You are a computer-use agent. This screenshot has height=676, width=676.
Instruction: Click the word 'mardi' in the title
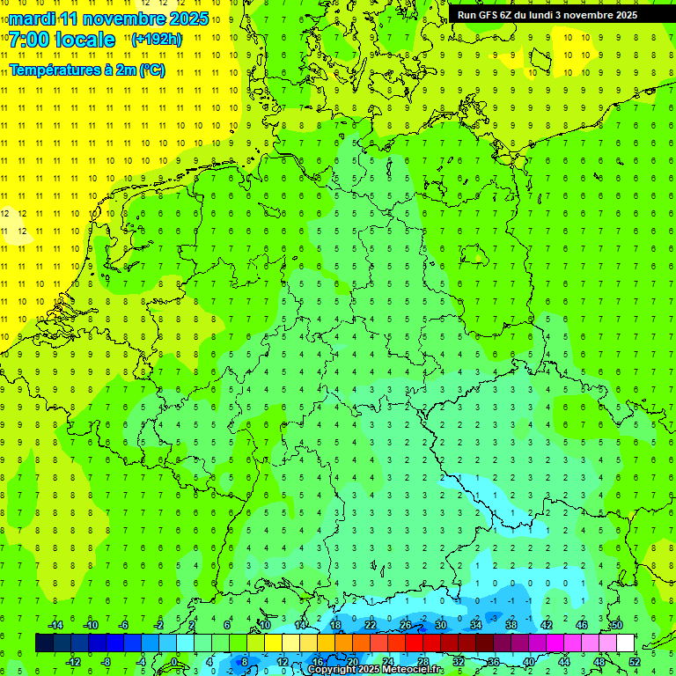pos(33,18)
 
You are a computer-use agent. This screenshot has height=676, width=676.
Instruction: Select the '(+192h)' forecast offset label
pos(157,39)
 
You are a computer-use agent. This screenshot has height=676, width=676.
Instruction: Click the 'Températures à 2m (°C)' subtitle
pos(86,70)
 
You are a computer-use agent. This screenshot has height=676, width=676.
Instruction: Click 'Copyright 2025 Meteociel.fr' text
pos(376,669)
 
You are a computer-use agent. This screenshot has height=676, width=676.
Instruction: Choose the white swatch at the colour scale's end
pos(625,643)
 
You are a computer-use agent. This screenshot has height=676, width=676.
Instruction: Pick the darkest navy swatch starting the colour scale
pos(44,643)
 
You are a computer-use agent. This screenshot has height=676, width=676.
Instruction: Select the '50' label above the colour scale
pos(616,625)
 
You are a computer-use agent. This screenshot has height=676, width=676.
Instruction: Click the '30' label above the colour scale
pos(440,625)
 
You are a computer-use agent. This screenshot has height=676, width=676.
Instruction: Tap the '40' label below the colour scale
pos(528,662)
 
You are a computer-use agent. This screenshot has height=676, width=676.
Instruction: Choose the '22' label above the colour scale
pos(370,625)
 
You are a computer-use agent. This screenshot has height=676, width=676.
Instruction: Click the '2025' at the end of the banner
pos(625,15)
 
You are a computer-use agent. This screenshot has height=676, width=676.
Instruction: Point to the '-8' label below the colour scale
pos(107,662)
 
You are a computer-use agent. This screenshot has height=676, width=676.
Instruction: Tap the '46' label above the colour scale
pos(581,625)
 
